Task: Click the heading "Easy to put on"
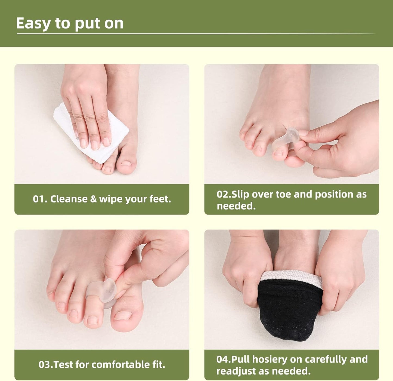(x=70, y=23)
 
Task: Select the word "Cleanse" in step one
(x=69, y=199)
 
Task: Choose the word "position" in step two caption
(x=334, y=194)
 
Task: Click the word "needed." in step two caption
(x=236, y=206)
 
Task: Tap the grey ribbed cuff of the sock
(x=291, y=276)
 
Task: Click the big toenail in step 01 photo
(x=126, y=163)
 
